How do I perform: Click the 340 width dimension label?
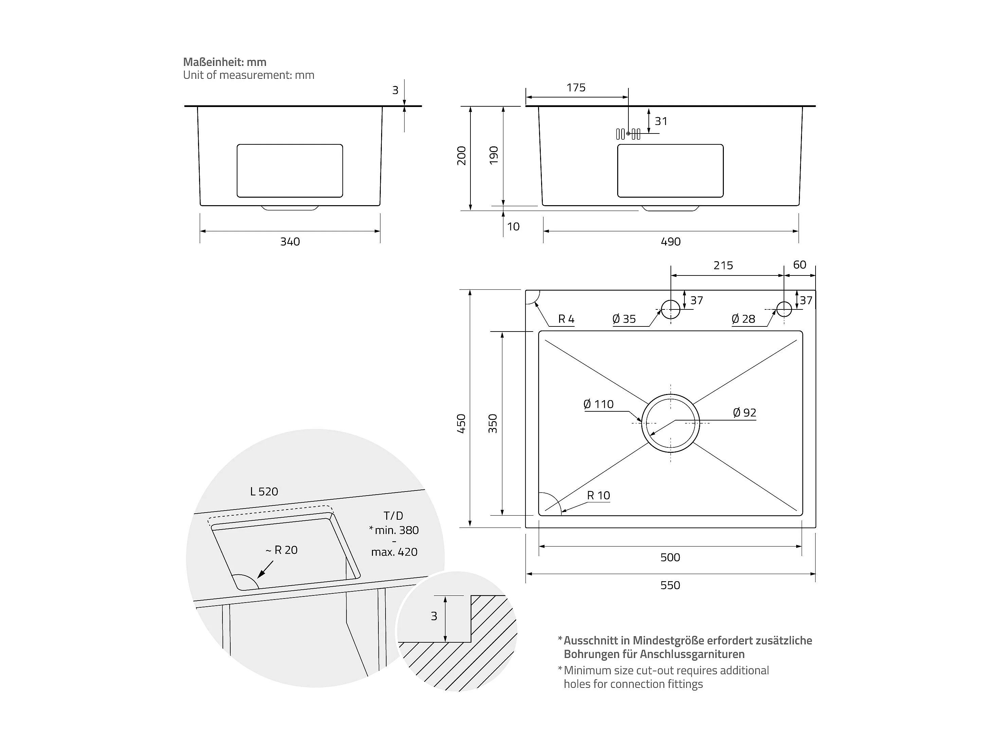(290, 242)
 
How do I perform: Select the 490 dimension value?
(671, 242)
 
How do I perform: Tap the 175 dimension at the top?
(576, 88)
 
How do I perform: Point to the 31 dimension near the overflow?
(661, 121)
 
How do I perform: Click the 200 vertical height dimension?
(462, 156)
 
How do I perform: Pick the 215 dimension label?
(723, 265)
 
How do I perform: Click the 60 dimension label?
(800, 265)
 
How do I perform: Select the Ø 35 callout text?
(624, 319)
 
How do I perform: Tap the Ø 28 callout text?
(743, 319)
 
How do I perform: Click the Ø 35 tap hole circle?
(671, 309)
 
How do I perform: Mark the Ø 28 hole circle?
(784, 309)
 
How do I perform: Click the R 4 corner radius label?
(566, 319)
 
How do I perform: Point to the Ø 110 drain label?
(598, 404)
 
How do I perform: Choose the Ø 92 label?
(744, 413)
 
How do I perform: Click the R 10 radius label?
(599, 496)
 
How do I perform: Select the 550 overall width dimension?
(670, 586)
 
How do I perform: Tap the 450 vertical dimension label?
(462, 424)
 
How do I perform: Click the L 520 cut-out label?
(264, 492)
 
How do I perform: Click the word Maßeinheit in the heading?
(213, 62)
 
